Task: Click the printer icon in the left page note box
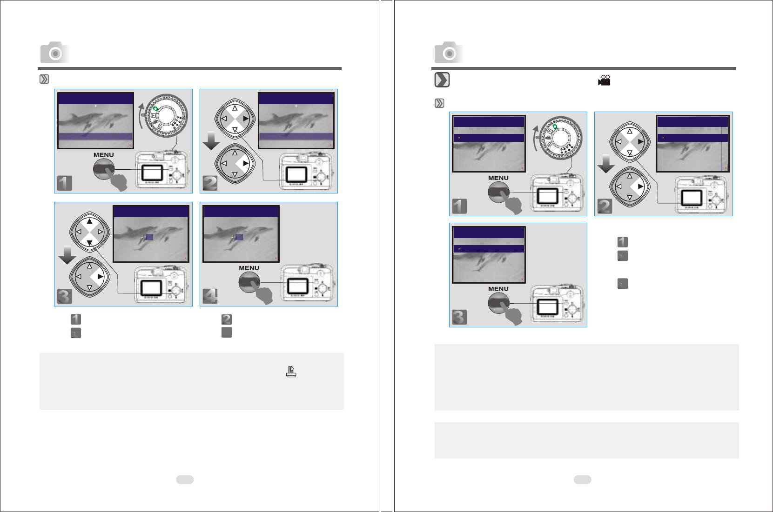[x=291, y=372]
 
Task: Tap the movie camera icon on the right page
[x=604, y=80]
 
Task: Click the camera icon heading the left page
[x=54, y=53]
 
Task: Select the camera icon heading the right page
[x=449, y=53]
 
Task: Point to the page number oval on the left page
[x=185, y=479]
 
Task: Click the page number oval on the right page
[x=583, y=479]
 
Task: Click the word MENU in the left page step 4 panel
[x=249, y=268]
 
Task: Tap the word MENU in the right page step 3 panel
[x=498, y=289]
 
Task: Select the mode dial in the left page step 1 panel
[x=166, y=115]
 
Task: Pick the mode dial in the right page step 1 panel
[x=561, y=138]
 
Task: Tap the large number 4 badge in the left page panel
[x=210, y=296]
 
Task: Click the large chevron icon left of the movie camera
[x=442, y=80]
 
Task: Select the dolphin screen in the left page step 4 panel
[x=241, y=234]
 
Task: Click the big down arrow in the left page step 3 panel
[x=67, y=255]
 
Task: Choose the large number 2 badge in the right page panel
[x=605, y=206]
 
